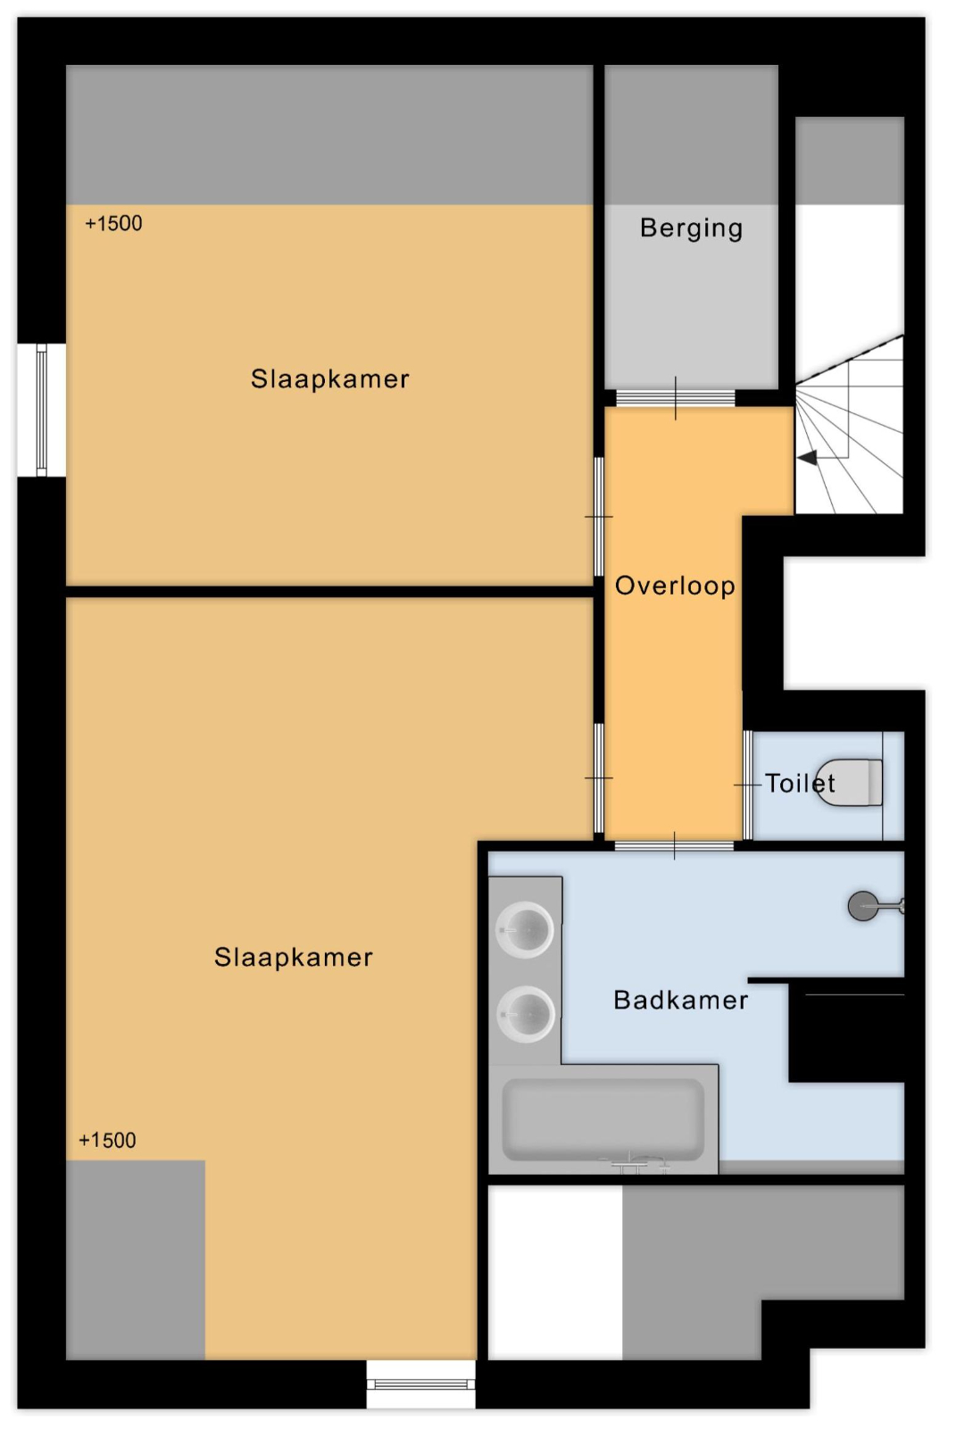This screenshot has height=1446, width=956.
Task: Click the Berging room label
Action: click(692, 229)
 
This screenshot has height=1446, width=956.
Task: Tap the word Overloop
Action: click(675, 586)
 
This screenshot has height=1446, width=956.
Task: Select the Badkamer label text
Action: click(680, 1001)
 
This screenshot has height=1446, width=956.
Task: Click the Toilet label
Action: click(800, 784)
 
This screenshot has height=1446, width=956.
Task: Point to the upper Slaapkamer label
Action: click(330, 379)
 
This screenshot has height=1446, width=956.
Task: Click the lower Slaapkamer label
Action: click(294, 958)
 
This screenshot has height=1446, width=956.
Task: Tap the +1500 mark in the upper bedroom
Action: click(113, 223)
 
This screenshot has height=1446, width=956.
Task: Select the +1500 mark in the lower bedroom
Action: click(107, 1141)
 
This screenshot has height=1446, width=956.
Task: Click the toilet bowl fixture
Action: click(849, 783)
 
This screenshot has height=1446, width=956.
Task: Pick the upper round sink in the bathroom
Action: click(525, 930)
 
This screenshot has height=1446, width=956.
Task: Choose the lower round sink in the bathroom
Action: click(526, 1015)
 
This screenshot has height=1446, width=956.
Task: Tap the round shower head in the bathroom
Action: click(863, 906)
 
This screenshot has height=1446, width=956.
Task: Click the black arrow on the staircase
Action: click(808, 458)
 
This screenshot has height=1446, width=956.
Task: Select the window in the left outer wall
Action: click(41, 411)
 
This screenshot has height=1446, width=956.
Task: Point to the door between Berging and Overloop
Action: click(675, 398)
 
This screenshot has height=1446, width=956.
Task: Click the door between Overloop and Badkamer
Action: click(674, 845)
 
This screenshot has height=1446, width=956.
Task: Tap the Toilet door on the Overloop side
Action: click(747, 785)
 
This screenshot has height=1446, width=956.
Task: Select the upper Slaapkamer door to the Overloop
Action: click(598, 517)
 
